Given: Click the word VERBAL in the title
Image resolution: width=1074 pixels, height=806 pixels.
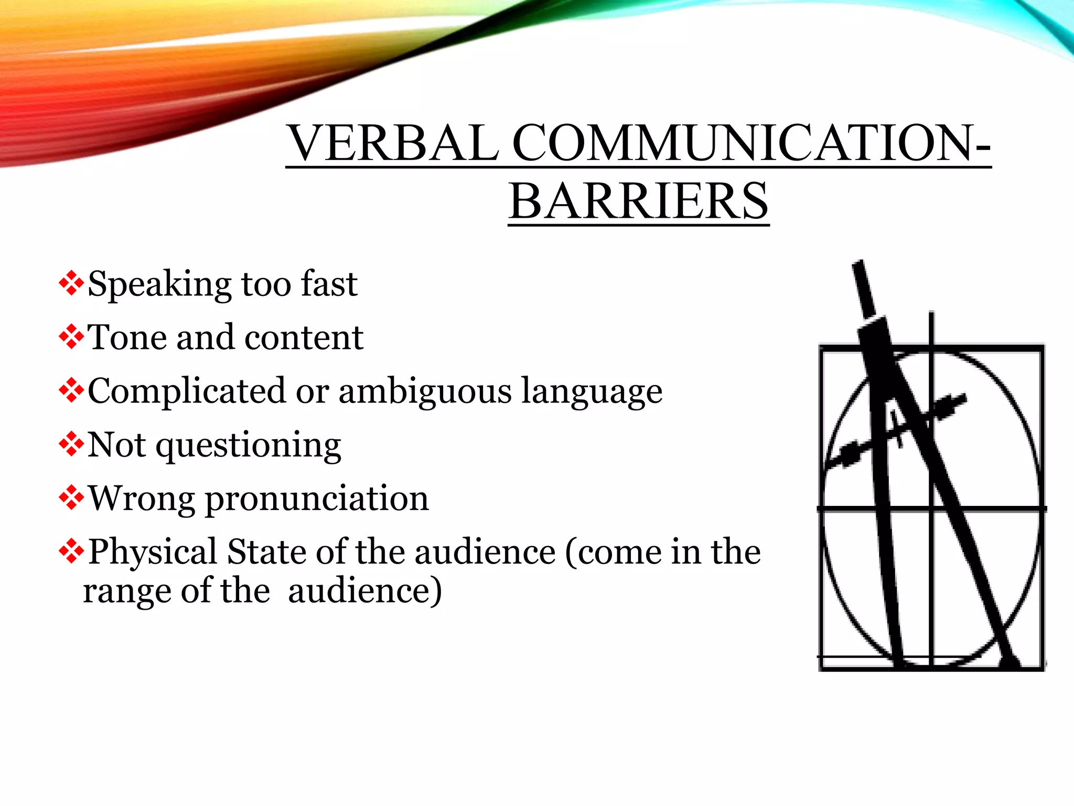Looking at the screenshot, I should tap(393, 143).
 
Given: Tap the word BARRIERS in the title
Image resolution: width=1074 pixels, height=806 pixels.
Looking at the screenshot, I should tap(638, 201).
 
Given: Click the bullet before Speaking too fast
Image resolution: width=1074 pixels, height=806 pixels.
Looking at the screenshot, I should tap(71, 284).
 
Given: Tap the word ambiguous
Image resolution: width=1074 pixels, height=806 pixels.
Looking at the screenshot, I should tap(425, 391).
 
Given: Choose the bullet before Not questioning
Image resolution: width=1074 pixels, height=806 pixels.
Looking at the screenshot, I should tap(71, 446).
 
